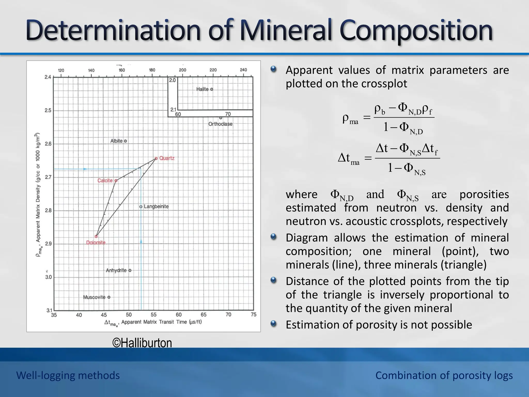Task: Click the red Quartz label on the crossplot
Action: tap(167, 158)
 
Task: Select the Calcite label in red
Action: tap(105, 180)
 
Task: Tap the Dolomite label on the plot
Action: tap(96, 242)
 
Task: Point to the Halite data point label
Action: tap(202, 89)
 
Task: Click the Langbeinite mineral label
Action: tap(156, 207)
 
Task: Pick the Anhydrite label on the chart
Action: tap(116, 270)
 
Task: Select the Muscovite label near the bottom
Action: tap(94, 297)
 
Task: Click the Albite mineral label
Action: tap(116, 141)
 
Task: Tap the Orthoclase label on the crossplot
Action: tap(220, 124)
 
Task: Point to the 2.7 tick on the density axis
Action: tap(48, 177)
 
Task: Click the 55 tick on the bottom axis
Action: tap(154, 315)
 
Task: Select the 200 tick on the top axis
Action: tap(183, 70)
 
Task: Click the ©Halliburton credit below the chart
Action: tap(142, 343)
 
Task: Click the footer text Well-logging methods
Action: tap(68, 375)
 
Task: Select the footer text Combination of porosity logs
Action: tap(444, 375)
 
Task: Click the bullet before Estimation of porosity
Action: tap(274, 324)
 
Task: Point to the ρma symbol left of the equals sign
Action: tap(350, 119)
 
